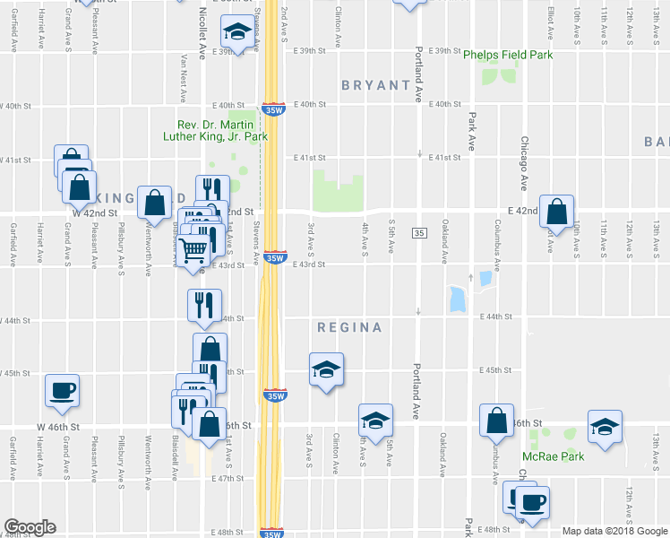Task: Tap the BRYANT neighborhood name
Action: click(376, 85)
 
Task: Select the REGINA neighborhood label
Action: click(349, 327)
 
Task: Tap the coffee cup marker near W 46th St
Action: click(62, 390)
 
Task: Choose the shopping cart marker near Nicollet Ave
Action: click(193, 249)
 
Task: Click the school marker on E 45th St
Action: click(326, 369)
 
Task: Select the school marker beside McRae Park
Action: click(605, 426)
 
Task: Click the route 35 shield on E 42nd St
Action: click(419, 233)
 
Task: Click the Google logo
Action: click(30, 527)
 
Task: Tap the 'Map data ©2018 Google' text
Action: click(614, 531)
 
